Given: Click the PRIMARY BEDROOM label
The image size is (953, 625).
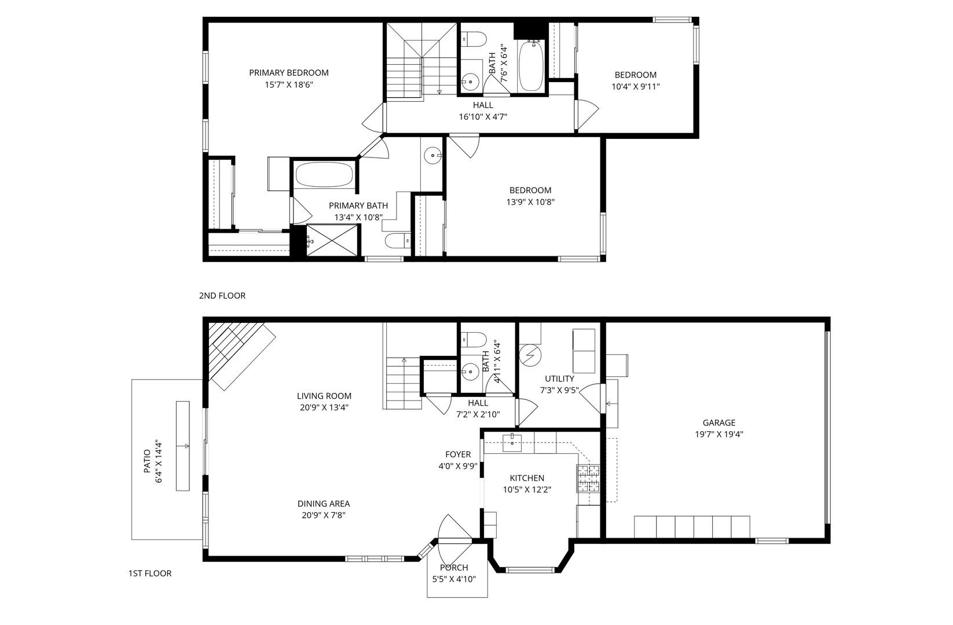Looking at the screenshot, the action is coord(288,73).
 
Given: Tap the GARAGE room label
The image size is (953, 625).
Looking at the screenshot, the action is coord(719,422).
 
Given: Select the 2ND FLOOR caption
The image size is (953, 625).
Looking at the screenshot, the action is coord(222,296).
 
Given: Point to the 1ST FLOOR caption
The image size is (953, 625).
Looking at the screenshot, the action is coord(150,573).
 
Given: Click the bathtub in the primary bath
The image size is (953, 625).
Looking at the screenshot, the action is coord(324,174).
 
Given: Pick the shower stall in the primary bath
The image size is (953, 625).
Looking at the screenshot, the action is coord(332,240).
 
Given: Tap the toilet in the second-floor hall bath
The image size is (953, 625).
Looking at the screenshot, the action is coord(474,39).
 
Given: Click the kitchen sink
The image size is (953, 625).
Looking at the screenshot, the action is coord(512,443).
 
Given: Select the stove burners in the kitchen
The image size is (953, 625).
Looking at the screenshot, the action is coord(588,479).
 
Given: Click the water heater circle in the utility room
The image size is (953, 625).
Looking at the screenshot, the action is coord(530,355).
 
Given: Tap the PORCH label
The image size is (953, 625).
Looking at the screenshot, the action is coord(454,568).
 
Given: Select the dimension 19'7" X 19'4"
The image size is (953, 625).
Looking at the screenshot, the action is coord(719,435).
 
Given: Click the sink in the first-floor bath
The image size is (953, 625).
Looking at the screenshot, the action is coord(471,372).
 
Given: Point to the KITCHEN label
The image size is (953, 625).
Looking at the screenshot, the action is coord(527,478).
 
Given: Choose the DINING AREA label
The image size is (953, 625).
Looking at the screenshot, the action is coord(323,504).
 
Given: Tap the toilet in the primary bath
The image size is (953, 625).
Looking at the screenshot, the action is coord(398,241).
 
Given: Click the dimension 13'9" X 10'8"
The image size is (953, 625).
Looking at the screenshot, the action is coord(530,202).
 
